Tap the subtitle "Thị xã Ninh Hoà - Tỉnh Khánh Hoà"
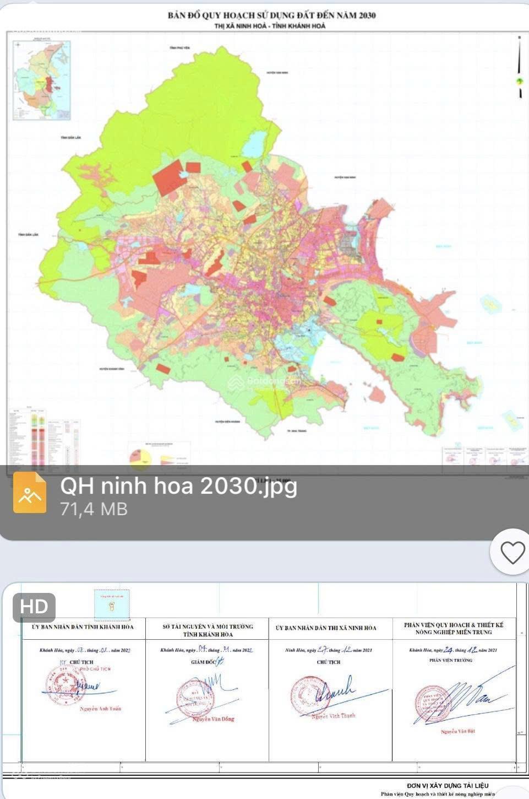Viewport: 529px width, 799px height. pos(270,26)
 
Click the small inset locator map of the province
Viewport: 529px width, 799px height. pos(41,80)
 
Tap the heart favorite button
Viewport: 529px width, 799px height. pos(512,552)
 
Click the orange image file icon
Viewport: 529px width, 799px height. pos(30,493)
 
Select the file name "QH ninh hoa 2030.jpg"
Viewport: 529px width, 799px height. pos(178,486)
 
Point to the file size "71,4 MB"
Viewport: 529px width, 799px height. pos(94,509)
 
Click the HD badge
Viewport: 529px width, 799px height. pos(34,607)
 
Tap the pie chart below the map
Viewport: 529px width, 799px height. pos(140,457)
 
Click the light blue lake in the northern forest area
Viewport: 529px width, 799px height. pos(255,143)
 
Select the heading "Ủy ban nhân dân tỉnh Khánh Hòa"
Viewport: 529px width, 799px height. pos(83,627)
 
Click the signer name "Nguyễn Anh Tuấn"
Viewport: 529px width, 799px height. pos(100,709)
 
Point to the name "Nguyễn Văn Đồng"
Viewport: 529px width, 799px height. pos(213,719)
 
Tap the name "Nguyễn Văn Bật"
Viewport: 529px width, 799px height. pos(457,731)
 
